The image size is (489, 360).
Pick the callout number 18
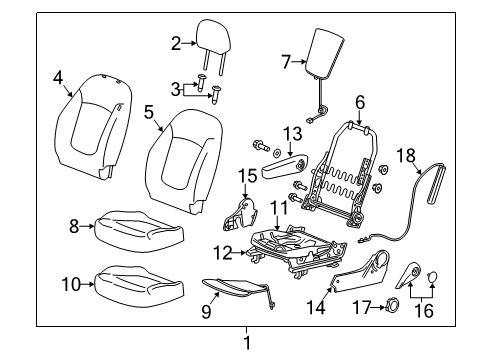click(405, 155)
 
